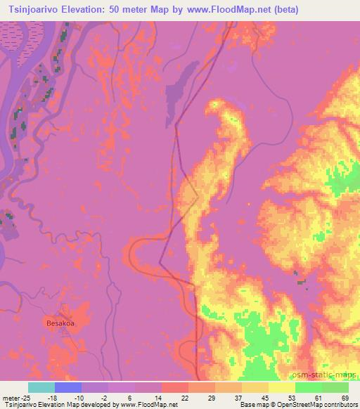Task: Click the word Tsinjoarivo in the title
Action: coord(33,10)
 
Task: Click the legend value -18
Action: coord(54,397)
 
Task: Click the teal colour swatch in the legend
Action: coord(41,387)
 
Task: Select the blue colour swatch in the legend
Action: coord(68,387)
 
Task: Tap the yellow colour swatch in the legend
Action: coord(282,387)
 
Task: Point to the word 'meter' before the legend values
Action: coord(10,397)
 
